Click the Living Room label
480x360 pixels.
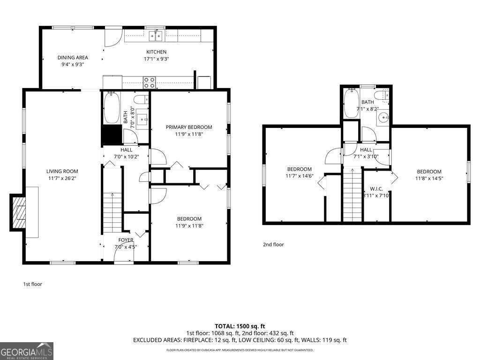pos(62,172)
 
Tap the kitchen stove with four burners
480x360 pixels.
pos(150,82)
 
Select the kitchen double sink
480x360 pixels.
pos(156,36)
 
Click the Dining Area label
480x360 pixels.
pos(73,58)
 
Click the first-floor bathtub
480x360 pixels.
pos(111,108)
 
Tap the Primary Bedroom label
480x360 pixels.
pos(189,127)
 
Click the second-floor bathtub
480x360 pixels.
pos(351,104)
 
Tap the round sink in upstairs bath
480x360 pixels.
pos(384,118)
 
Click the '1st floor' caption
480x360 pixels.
pos(32,284)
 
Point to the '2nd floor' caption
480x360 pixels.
pos(273,245)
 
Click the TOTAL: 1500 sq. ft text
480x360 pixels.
pos(240,326)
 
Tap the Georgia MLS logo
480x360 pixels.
pos(27,351)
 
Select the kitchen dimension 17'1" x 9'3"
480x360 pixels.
pos(157,59)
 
